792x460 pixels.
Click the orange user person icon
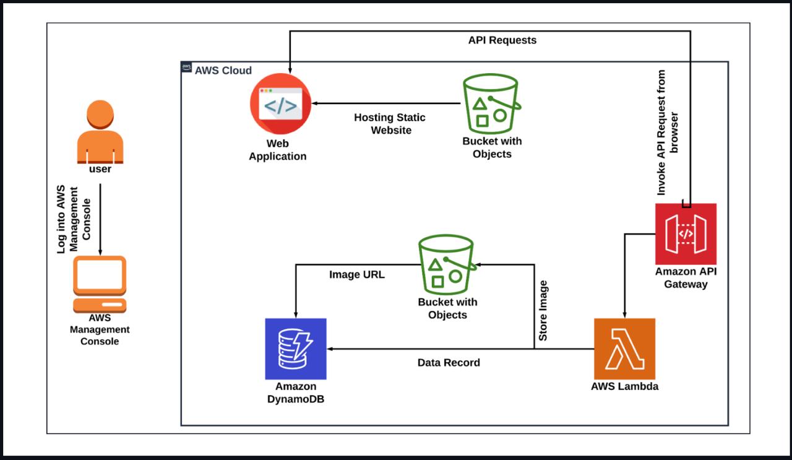[100, 132]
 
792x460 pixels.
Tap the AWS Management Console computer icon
[100, 283]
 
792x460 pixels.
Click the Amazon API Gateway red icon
[686, 233]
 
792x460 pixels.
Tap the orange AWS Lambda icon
[624, 349]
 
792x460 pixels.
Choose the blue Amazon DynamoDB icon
[296, 349]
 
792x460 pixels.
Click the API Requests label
[502, 40]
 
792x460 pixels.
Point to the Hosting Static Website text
[390, 124]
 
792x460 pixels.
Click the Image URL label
[356, 275]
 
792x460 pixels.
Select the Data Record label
[449, 363]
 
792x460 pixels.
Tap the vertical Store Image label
[543, 311]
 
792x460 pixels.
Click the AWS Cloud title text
[223, 71]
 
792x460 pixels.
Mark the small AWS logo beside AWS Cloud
[186, 69]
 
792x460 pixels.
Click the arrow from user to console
[100, 217]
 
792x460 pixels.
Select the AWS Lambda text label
[624, 387]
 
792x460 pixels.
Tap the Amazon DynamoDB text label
[296, 393]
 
